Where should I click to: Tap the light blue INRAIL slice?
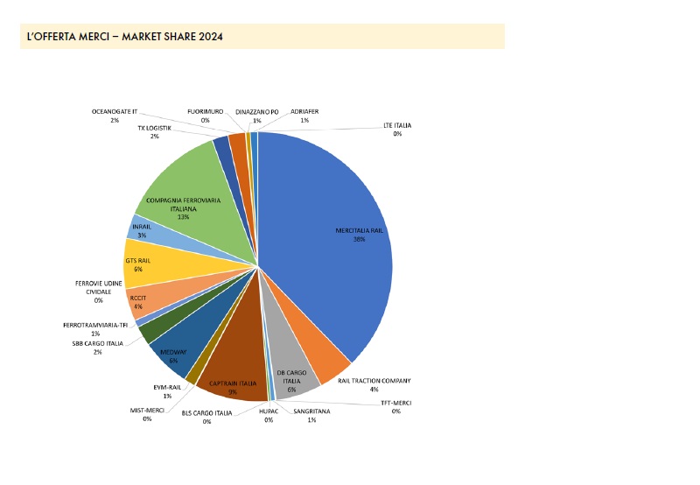142,231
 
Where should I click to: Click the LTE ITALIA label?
397,126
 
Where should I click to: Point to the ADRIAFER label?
305,112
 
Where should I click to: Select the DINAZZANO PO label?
256,112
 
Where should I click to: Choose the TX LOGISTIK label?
154,128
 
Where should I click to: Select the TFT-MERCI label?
395,403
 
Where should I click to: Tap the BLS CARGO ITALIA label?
207,412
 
